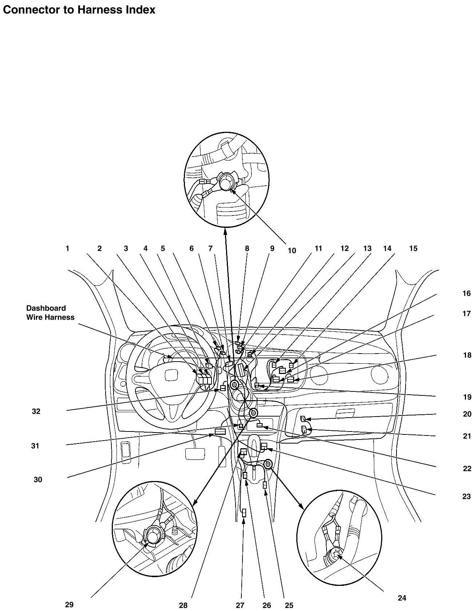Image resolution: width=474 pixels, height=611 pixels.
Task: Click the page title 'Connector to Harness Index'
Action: pyautogui.click(x=79, y=10)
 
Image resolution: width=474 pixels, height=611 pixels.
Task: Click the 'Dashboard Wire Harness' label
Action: pyautogui.click(x=50, y=312)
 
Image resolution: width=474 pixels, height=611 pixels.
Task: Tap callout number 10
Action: pyautogui.click(x=292, y=251)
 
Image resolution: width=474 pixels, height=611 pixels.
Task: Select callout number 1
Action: pyautogui.click(x=67, y=248)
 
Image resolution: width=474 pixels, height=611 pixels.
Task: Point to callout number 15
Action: pyautogui.click(x=413, y=248)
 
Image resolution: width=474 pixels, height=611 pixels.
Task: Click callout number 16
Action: pyautogui.click(x=466, y=293)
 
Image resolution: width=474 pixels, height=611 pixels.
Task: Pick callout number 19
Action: pyautogui.click(x=467, y=397)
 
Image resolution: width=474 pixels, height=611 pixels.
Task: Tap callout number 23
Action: pyautogui.click(x=466, y=496)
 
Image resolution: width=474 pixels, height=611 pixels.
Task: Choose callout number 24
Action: pyautogui.click(x=402, y=598)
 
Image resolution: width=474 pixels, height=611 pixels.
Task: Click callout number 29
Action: pyautogui.click(x=69, y=604)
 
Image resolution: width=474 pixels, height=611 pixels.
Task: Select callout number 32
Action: pyautogui.click(x=36, y=411)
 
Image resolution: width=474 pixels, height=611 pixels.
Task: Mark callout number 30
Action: pyautogui.click(x=38, y=480)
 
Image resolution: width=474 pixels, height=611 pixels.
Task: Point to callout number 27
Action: pyautogui.click(x=240, y=605)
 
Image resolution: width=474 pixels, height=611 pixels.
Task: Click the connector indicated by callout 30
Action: pyautogui.click(x=220, y=432)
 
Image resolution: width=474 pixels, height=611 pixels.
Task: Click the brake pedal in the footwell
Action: pyautogui.click(x=195, y=453)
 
